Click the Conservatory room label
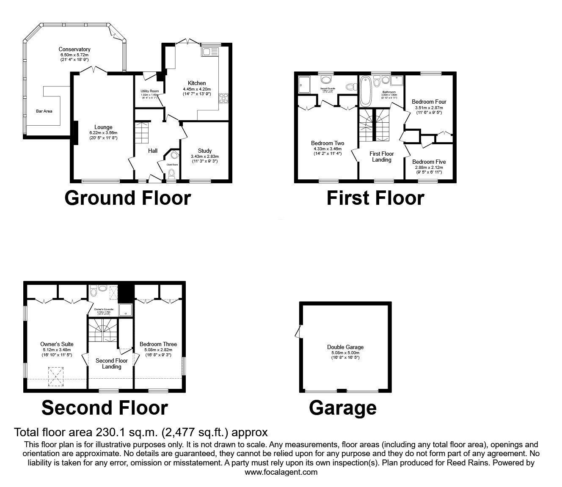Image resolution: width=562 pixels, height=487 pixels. tap(74, 50)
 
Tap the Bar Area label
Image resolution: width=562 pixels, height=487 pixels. tap(44, 111)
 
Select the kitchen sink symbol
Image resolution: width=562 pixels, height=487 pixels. tap(209, 52)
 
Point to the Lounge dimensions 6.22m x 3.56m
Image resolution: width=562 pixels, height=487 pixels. tap(103, 133)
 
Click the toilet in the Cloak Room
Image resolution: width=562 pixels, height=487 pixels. tap(171, 173)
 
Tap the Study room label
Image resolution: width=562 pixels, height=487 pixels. tap(205, 151)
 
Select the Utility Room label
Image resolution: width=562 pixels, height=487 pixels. tap(149, 91)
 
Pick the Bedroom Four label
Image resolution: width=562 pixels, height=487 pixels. tap(429, 102)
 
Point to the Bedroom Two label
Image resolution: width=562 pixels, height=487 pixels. tap(328, 143)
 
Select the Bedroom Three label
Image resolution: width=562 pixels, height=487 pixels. tap(158, 344)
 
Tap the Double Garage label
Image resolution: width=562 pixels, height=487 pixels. tap(345, 347)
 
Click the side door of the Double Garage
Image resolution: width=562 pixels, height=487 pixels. tap(299, 331)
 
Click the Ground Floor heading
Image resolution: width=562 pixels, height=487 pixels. tap(127, 198)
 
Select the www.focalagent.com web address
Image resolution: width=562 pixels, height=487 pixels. tap(281, 472)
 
